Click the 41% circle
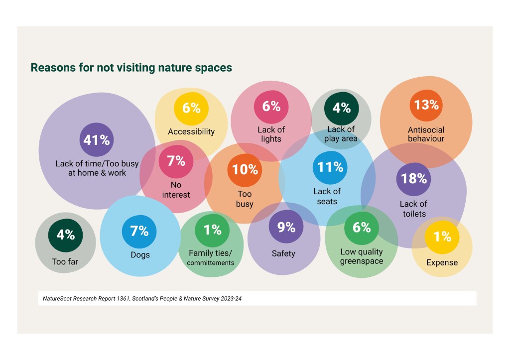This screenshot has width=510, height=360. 97,140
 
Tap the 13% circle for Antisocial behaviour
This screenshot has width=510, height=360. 427,105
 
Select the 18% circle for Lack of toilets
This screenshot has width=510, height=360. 413,178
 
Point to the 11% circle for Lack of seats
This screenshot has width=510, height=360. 330,167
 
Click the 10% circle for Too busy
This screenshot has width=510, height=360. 245,169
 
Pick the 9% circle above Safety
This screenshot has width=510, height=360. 286,227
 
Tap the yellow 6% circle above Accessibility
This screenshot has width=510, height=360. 191,108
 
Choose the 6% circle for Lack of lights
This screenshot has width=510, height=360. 271,106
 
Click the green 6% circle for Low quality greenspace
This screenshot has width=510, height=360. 362,227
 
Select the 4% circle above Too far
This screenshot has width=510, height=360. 65,234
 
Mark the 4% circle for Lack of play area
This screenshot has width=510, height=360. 342,107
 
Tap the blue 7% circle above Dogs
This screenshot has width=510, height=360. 139,231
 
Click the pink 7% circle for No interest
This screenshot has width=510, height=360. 176,161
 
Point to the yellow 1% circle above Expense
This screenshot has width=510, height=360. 442,237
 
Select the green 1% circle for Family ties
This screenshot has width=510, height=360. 212,230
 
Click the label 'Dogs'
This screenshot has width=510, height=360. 139,255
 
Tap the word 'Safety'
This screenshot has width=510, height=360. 283,253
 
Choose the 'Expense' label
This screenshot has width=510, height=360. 442,262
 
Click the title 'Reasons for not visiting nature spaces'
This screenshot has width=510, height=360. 131,67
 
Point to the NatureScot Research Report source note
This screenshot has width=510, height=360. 142,298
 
